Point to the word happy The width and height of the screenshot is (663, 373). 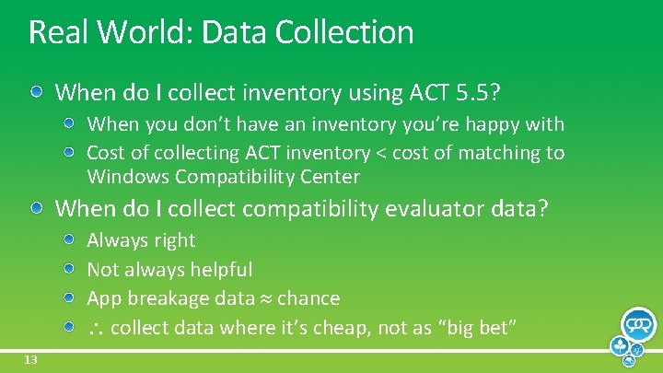coord(497,124)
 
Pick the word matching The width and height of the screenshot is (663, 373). coord(499,153)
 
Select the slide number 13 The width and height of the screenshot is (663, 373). coord(30,360)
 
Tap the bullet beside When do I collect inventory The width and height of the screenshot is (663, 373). coord(38,92)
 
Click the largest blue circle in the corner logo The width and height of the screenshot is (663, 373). coord(638,325)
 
